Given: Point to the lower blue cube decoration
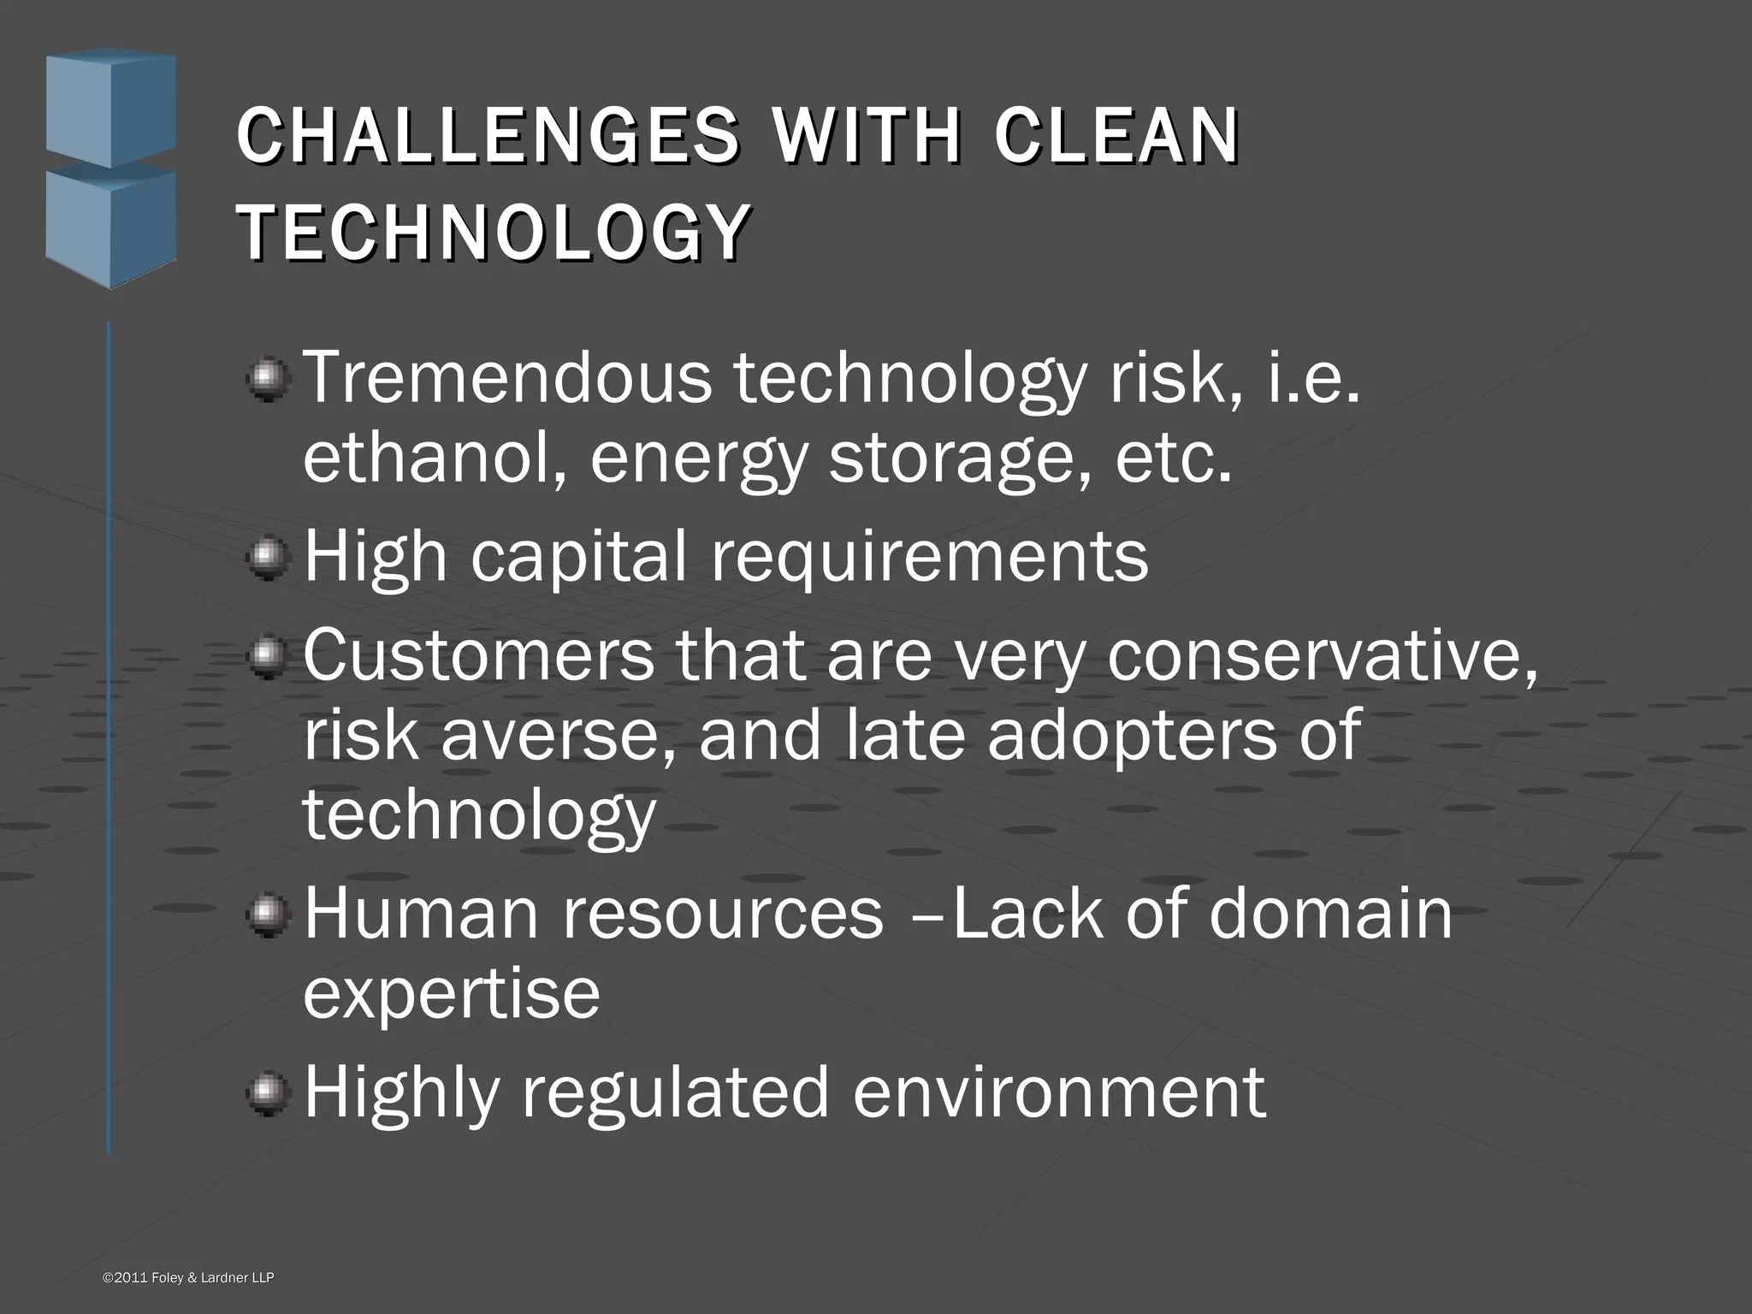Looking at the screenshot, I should [110, 224].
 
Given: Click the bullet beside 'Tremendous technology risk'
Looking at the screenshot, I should [269, 379].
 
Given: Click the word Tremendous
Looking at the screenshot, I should [508, 378].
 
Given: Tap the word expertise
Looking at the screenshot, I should [452, 994].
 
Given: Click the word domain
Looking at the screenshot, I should [1330, 914].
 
